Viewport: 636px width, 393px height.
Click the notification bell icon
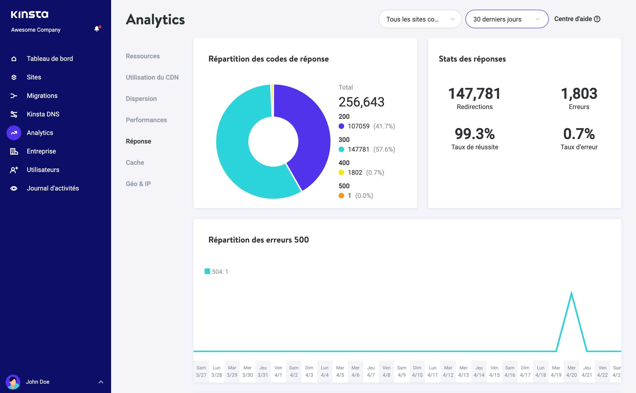click(x=97, y=29)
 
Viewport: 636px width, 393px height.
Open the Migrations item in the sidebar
click(x=42, y=96)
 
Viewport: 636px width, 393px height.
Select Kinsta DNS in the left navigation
click(x=43, y=114)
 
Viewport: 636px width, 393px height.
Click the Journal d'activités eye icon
click(x=14, y=188)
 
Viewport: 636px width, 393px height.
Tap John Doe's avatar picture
click(x=13, y=382)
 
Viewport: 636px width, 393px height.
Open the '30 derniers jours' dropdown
click(x=506, y=19)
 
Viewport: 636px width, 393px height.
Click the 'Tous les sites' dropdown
click(x=420, y=19)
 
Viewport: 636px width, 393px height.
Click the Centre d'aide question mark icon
click(x=597, y=19)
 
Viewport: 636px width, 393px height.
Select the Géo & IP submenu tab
click(x=138, y=184)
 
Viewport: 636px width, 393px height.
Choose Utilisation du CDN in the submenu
click(x=152, y=78)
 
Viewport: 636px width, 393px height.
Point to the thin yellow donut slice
click(x=272, y=100)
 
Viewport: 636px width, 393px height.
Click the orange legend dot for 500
click(x=341, y=196)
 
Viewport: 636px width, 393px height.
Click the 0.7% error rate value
click(x=579, y=134)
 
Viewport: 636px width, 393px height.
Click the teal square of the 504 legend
click(x=207, y=271)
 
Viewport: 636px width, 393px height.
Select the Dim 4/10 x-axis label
click(x=417, y=371)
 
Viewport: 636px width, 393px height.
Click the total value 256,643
click(x=361, y=102)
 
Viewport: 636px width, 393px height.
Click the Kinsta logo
click(x=30, y=15)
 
